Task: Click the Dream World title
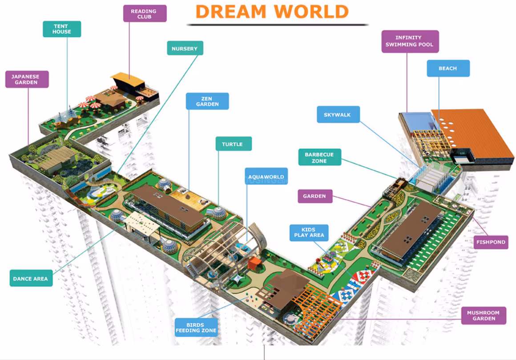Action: (x=272, y=12)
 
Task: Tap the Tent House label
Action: (x=62, y=29)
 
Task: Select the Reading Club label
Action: (x=145, y=13)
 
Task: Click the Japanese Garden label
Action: (x=27, y=79)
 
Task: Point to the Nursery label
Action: (x=185, y=48)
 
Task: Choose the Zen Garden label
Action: (x=207, y=101)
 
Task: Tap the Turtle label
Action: (x=234, y=144)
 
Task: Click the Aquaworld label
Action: (x=266, y=176)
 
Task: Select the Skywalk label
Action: (x=339, y=114)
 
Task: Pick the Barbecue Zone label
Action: (x=320, y=157)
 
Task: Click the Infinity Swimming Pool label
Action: (x=410, y=41)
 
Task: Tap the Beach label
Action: (x=448, y=68)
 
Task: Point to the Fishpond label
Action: (x=491, y=242)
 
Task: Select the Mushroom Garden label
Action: (x=484, y=316)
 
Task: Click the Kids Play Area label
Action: (x=309, y=232)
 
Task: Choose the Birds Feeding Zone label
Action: (x=196, y=328)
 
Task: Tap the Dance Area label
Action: (x=31, y=278)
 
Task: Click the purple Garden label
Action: (x=315, y=196)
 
